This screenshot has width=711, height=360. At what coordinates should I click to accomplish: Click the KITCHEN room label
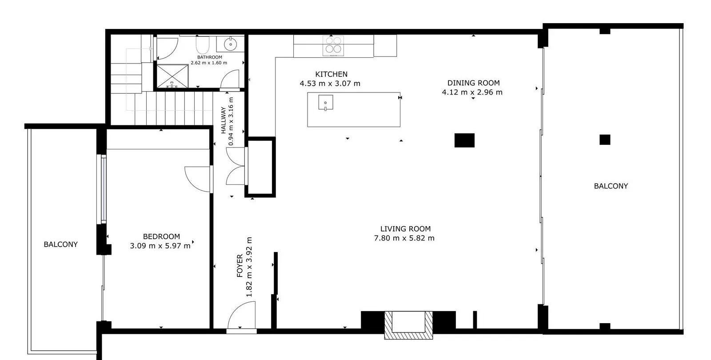(x=332, y=74)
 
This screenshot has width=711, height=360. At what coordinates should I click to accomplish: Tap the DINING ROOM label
(x=474, y=83)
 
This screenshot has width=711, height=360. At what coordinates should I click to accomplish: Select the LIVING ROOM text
(x=405, y=229)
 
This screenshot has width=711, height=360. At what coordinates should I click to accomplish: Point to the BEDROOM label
(x=162, y=236)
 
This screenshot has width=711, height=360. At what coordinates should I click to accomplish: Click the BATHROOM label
(x=209, y=57)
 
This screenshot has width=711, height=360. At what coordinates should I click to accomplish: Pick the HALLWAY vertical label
(x=224, y=120)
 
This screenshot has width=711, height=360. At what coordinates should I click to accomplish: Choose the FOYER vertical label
(x=240, y=266)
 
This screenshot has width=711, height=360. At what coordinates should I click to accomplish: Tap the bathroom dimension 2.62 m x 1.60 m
(x=209, y=63)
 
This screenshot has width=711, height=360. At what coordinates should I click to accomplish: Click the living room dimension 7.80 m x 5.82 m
(x=404, y=238)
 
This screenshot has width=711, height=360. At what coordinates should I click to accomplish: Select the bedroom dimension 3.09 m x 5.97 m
(x=160, y=246)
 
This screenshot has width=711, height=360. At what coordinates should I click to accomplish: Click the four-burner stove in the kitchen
(x=333, y=46)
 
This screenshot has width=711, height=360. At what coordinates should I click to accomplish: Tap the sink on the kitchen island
(x=326, y=103)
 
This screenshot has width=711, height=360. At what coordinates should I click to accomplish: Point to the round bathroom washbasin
(x=231, y=44)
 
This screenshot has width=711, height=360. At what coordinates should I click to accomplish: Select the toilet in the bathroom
(x=203, y=45)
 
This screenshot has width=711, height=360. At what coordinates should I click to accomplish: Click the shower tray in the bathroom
(x=173, y=76)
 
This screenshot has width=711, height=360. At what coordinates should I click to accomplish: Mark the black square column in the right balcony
(x=605, y=140)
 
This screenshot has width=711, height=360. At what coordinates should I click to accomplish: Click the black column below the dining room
(x=464, y=140)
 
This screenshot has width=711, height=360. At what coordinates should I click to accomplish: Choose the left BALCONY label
(x=60, y=244)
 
